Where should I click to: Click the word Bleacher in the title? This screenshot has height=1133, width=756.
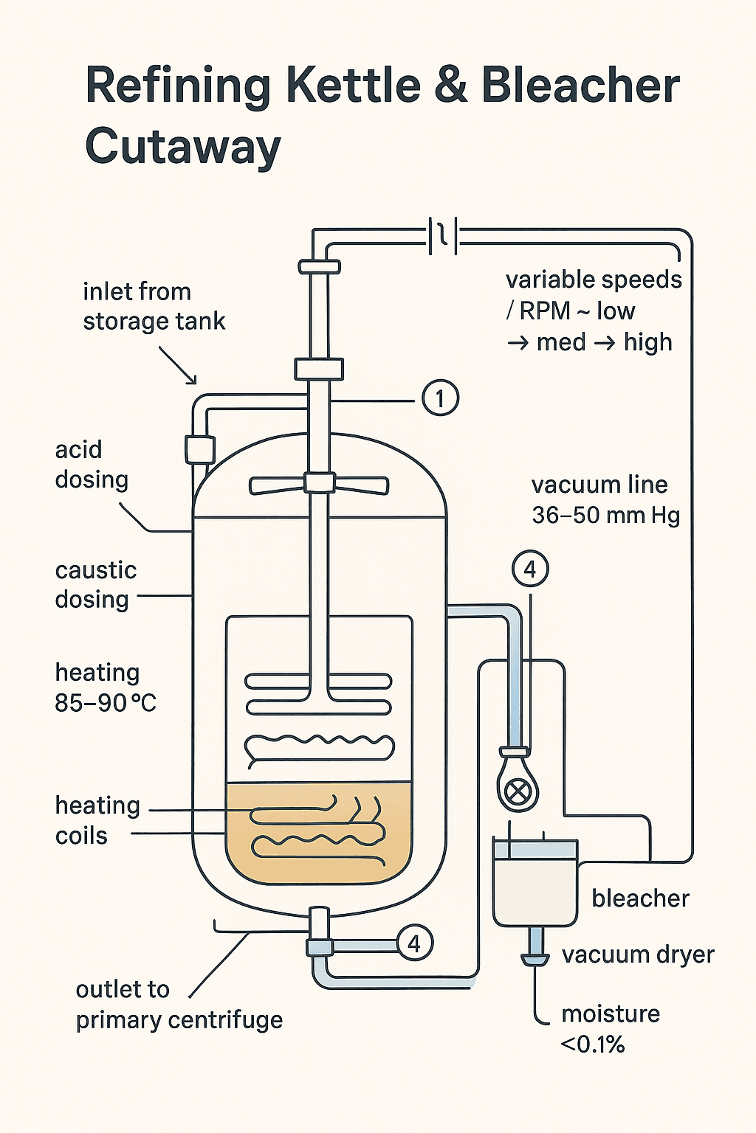(x=580, y=86)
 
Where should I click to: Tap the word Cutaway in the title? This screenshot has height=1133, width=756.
(x=183, y=146)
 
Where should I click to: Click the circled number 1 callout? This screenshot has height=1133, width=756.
(x=440, y=399)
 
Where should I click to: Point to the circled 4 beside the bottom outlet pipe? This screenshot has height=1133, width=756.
(x=414, y=943)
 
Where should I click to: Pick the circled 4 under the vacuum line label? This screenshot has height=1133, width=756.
(x=529, y=569)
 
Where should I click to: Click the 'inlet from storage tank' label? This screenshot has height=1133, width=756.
(x=154, y=306)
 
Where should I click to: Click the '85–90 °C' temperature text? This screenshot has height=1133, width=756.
(x=106, y=703)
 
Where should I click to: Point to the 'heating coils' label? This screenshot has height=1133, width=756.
(x=97, y=820)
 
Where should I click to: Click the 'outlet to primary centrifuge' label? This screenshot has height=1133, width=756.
(x=179, y=1005)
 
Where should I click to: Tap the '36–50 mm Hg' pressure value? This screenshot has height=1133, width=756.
(x=605, y=515)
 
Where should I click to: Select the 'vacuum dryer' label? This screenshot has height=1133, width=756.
(x=638, y=954)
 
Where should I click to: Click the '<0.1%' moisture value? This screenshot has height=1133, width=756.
(x=593, y=1044)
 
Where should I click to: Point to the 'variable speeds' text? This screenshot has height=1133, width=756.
(x=594, y=280)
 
